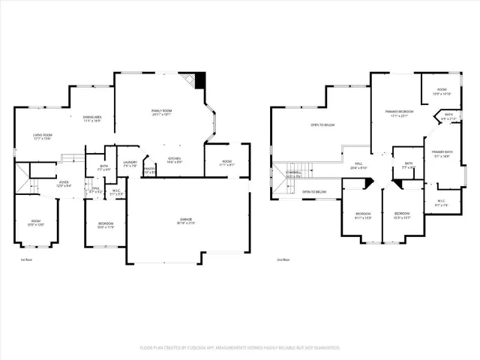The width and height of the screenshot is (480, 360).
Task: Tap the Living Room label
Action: (42, 135)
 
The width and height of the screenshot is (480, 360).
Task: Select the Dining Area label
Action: (92, 117)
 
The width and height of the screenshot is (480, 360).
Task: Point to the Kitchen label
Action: (174, 158)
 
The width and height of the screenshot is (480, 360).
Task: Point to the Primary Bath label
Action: (441, 152)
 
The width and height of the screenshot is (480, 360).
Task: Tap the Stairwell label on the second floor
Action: (292, 173)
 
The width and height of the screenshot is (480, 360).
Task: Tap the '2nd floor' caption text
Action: (283, 259)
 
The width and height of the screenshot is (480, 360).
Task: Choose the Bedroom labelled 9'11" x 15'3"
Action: (363, 214)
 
